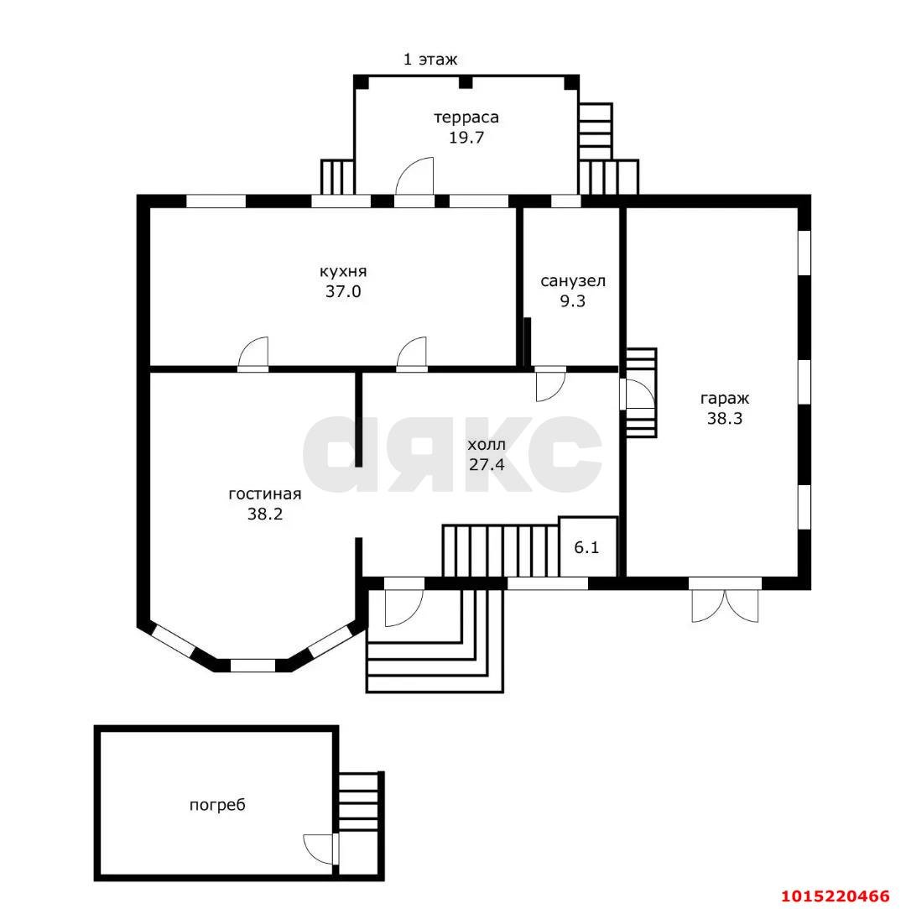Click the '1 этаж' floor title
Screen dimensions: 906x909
pyautogui.click(x=430, y=59)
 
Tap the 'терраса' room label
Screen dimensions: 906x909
pyautogui.click(x=466, y=118)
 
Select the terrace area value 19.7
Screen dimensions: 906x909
pyautogui.click(x=466, y=138)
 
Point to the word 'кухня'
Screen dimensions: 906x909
pyautogui.click(x=343, y=272)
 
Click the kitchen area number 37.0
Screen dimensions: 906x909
pyautogui.click(x=343, y=291)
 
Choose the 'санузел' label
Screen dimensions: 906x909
pyautogui.click(x=573, y=282)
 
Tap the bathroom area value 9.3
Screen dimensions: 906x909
pyautogui.click(x=572, y=300)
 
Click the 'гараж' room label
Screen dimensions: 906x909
pyautogui.click(x=725, y=399)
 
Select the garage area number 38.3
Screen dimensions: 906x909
pyautogui.click(x=725, y=418)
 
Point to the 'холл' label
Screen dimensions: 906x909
pyautogui.click(x=487, y=445)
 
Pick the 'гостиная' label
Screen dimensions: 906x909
pyautogui.click(x=265, y=494)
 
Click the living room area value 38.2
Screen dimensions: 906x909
pyautogui.click(x=265, y=514)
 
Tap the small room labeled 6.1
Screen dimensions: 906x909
pyautogui.click(x=587, y=547)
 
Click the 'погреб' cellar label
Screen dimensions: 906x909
pyautogui.click(x=217, y=805)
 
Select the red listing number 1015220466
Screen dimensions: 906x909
pyautogui.click(x=836, y=896)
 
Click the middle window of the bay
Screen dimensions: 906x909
pyautogui.click(x=253, y=666)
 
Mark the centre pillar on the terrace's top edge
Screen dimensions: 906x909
pyautogui.click(x=466, y=82)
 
